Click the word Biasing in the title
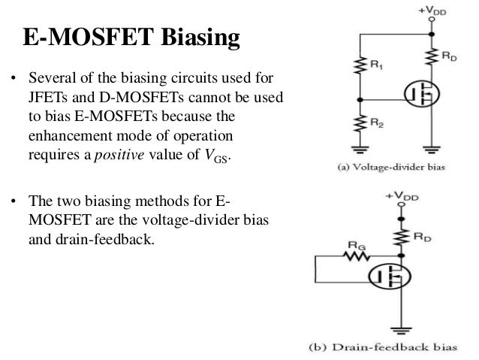(x=192, y=37)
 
